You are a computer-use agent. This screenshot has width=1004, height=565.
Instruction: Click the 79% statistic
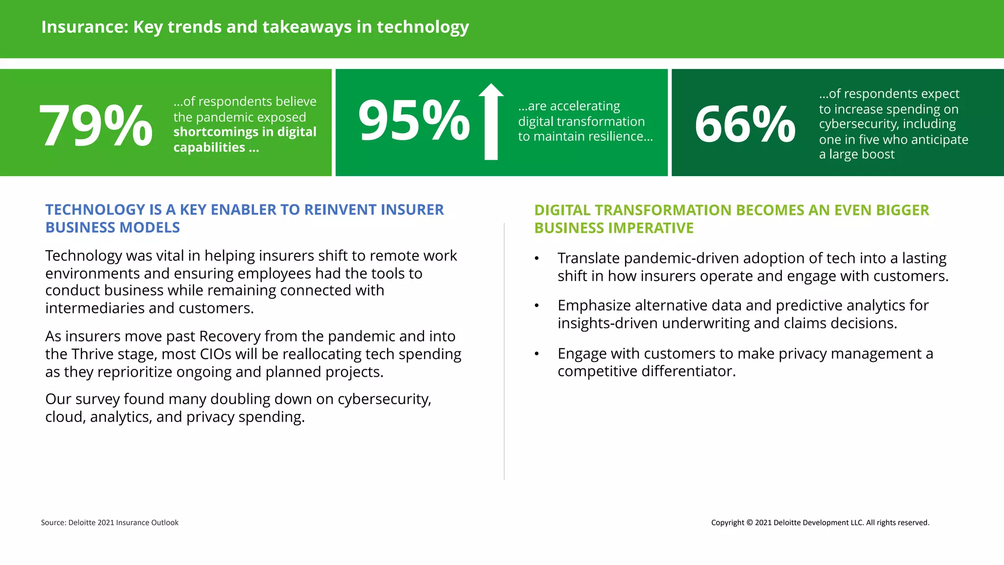click(x=96, y=126)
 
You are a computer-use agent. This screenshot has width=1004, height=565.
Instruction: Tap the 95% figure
click(x=414, y=121)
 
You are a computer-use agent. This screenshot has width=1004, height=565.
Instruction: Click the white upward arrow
click(x=491, y=122)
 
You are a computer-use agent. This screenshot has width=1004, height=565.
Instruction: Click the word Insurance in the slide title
click(x=84, y=27)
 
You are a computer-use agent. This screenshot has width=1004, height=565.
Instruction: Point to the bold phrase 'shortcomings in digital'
click(x=245, y=132)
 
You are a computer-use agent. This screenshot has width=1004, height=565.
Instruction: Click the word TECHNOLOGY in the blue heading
click(x=94, y=210)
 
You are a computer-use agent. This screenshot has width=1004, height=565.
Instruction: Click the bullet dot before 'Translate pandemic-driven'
click(x=537, y=259)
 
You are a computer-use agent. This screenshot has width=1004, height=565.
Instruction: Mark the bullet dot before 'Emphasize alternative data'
click(x=537, y=306)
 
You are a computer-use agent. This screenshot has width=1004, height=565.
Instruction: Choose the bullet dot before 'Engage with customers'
click(x=537, y=354)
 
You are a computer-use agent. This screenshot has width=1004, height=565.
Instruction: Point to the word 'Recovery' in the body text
click(x=229, y=336)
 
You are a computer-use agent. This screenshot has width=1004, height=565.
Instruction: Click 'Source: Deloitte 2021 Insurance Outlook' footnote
click(x=109, y=523)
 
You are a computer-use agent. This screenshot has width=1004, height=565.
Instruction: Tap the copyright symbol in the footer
click(x=749, y=523)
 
